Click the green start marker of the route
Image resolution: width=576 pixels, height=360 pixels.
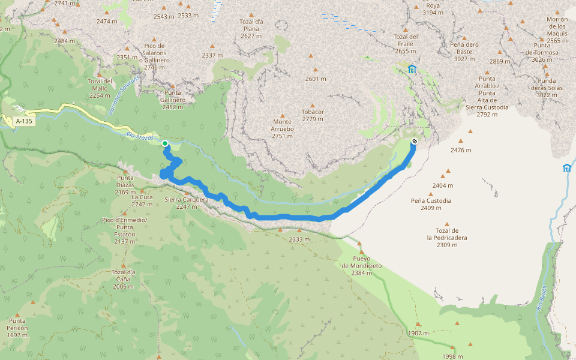click(164, 143)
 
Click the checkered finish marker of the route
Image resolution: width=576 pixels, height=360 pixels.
click(415, 142)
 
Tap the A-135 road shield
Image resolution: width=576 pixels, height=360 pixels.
click(24, 121)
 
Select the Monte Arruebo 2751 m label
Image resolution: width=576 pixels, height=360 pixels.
click(283, 128)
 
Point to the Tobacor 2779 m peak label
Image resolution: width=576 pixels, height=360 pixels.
click(313, 115)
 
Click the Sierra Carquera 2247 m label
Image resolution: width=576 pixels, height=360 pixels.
click(186, 203)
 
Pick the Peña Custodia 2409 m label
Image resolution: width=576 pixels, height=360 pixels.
click(431, 204)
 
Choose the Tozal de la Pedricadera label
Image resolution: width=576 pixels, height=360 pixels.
click(447, 238)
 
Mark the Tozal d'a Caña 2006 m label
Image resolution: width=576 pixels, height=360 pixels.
click(123, 279)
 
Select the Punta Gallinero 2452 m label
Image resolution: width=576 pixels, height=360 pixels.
click(172, 100)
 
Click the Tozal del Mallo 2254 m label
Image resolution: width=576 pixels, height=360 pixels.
click(100, 88)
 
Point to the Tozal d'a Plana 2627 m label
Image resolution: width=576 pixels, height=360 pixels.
click(251, 28)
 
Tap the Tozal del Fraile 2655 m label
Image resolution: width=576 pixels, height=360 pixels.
click(405, 43)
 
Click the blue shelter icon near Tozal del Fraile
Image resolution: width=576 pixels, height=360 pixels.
click(412, 69)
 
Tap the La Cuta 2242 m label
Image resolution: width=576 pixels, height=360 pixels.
click(142, 200)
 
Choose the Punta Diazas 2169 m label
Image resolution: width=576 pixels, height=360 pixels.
click(125, 184)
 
